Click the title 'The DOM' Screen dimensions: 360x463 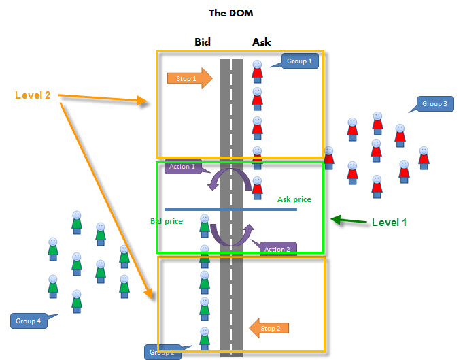(x=231, y=12)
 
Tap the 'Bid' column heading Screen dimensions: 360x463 (x=202, y=42)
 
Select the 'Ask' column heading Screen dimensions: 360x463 (x=261, y=42)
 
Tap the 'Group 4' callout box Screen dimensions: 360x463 (x=29, y=320)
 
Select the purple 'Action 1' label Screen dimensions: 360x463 (x=182, y=167)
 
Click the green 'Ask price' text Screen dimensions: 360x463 (x=294, y=199)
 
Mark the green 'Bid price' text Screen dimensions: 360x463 (x=167, y=221)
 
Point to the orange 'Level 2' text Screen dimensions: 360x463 (x=33, y=95)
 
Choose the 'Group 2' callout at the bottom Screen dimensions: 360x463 (x=162, y=352)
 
